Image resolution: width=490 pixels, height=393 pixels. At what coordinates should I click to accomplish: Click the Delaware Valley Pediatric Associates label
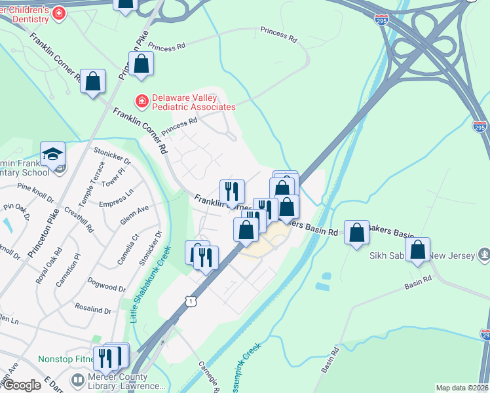pyautogui.click(x=193, y=102)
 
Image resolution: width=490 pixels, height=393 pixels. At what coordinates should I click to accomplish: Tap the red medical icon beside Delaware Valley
pyautogui.click(x=141, y=101)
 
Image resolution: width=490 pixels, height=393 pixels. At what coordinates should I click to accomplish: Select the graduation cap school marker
pyautogui.click(x=52, y=155)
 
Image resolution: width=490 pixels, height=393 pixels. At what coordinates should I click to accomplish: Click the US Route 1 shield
pyautogui.click(x=190, y=300)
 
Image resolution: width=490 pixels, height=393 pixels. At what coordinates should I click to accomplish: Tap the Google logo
pyautogui.click(x=22, y=385)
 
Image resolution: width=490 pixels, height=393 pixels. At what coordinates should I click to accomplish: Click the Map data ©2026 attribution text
pyautogui.click(x=462, y=388)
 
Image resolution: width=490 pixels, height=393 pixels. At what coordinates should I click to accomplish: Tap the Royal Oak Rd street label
pyautogui.click(x=48, y=265)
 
